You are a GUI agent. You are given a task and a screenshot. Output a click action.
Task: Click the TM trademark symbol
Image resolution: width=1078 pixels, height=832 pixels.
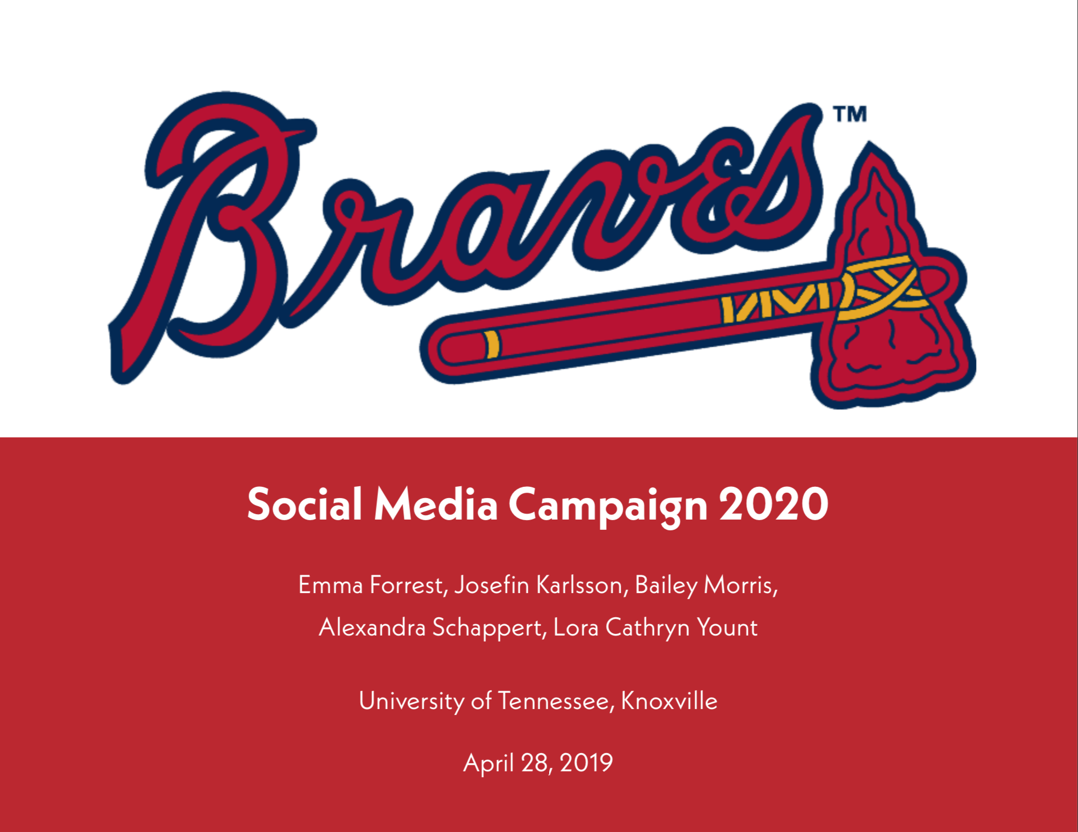(x=850, y=114)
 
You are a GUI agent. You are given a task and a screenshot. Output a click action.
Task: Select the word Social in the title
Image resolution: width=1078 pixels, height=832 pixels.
(x=304, y=504)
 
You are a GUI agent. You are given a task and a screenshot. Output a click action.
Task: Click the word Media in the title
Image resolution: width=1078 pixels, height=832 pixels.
(x=436, y=504)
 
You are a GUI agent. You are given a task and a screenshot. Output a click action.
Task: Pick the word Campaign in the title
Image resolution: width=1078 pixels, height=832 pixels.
(x=608, y=507)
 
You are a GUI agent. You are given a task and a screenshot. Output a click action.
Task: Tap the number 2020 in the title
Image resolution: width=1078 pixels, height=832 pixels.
(x=774, y=504)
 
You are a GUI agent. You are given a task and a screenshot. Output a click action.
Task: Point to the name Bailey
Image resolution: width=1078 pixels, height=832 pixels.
(x=666, y=586)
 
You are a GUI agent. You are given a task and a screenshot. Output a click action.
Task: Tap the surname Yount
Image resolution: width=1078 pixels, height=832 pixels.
(x=727, y=627)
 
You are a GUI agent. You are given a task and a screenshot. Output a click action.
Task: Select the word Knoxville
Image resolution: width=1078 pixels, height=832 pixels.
(x=669, y=701)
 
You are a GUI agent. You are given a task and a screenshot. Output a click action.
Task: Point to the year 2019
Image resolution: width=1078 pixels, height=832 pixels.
(x=586, y=763)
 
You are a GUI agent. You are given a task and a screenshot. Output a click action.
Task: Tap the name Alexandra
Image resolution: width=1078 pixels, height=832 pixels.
(x=372, y=627)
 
